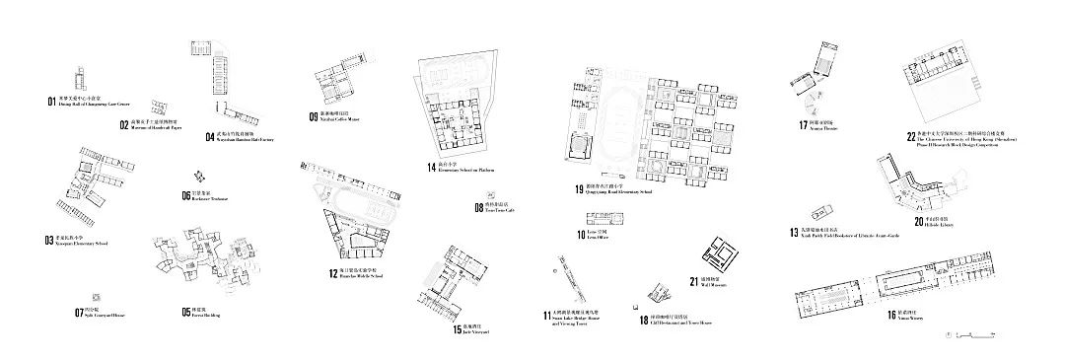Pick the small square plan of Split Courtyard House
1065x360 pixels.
[x=94, y=297]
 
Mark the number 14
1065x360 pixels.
[x=432, y=168]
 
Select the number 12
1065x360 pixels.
[x=333, y=273]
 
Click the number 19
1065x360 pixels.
[x=580, y=188]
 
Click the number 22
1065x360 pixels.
[x=912, y=137]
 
